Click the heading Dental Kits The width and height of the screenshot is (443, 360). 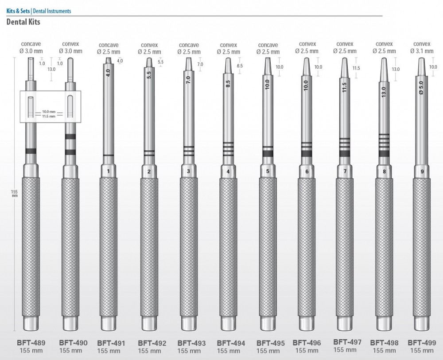coord(23,22)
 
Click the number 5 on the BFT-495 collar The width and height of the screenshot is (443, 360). coord(267,171)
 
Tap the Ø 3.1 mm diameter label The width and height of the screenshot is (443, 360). coord(421,51)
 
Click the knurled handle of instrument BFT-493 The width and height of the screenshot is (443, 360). coord(189,244)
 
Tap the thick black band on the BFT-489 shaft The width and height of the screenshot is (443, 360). coord(31,151)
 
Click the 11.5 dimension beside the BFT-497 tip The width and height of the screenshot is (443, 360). coord(356,68)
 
